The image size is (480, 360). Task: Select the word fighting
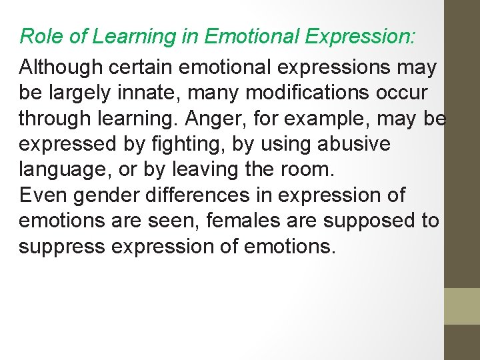click(229, 144)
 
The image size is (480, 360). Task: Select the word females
click(284, 221)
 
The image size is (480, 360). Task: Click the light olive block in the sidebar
click(462, 306)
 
